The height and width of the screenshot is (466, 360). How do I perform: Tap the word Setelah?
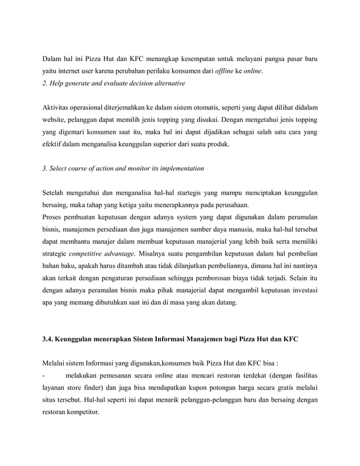pos(55,193)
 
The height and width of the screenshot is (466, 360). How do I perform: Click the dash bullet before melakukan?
pos(45,375)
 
